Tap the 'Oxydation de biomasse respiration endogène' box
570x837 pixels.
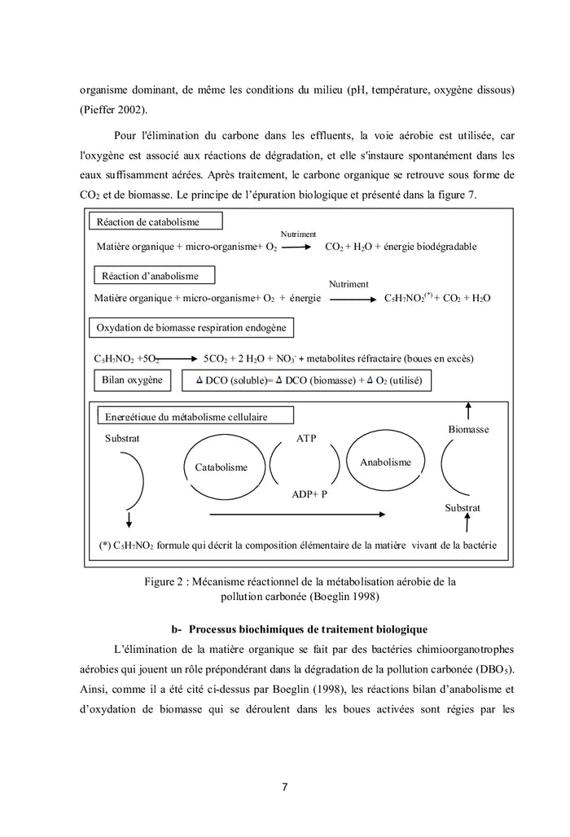[191, 327]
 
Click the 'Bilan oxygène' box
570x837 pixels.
[131, 379]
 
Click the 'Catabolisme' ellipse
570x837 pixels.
[221, 467]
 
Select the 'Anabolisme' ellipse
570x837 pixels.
[385, 462]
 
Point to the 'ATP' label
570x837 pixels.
[306, 439]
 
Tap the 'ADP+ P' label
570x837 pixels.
[309, 494]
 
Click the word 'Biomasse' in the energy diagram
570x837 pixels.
[468, 429]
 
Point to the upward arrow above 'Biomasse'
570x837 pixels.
[467, 409]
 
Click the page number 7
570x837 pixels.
[284, 787]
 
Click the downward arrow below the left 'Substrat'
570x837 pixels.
[128, 519]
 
